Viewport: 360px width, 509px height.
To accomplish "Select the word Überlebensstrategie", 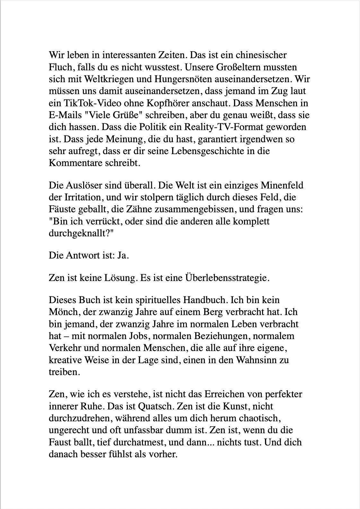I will (x=225, y=278).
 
